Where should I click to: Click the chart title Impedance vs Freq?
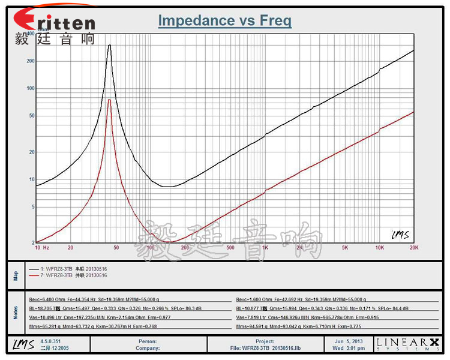click(225, 21)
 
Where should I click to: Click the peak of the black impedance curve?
click(109, 46)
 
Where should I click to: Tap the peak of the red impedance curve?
click(109, 100)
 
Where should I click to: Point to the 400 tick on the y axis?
click(31, 34)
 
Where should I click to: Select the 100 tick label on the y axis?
click(31, 88)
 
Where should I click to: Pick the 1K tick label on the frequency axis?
click(265, 247)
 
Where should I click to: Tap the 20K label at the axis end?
click(413, 247)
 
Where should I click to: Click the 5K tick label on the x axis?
click(345, 247)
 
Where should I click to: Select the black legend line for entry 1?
click(34, 269)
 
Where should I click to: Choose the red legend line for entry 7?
click(34, 275)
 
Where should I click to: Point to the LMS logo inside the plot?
click(400, 235)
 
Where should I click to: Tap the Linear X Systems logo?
click(408, 344)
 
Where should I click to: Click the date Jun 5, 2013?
click(349, 341)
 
